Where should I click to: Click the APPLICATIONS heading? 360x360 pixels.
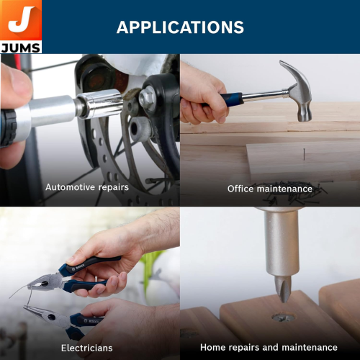[180, 27]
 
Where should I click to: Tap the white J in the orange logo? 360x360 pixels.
[20, 19]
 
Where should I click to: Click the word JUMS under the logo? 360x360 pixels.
[20, 48]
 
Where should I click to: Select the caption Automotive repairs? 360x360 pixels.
[87, 187]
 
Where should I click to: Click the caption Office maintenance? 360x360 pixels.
[270, 189]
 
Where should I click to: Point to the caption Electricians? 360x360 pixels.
[87, 348]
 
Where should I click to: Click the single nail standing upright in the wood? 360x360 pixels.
[304, 154]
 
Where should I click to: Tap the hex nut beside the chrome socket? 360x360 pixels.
[147, 99]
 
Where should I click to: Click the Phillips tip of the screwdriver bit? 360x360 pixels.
[283, 288]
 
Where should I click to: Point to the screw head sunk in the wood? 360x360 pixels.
[283, 318]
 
